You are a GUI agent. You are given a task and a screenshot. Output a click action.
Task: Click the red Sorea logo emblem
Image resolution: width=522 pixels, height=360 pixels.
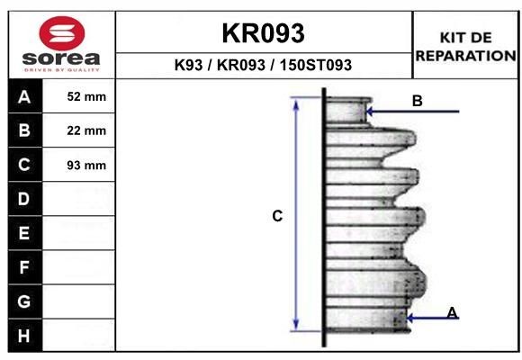(x=60, y=33)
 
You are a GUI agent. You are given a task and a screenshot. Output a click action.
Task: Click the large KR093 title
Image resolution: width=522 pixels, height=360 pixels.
(x=263, y=33)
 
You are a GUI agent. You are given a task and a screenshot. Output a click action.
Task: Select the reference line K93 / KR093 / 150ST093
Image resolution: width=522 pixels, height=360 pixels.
(x=263, y=66)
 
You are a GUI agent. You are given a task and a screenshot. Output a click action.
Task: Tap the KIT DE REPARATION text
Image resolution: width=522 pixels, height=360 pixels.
(x=464, y=46)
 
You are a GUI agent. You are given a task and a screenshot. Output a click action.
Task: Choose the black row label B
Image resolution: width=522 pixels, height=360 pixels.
(x=24, y=130)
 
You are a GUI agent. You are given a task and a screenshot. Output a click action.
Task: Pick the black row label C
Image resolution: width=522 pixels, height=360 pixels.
(x=24, y=165)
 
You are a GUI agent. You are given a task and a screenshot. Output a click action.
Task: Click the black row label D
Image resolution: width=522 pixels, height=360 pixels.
(x=24, y=199)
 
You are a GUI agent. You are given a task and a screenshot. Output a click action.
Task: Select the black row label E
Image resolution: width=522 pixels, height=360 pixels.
(x=24, y=233)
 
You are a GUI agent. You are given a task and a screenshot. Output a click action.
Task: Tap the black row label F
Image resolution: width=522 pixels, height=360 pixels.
(x=24, y=267)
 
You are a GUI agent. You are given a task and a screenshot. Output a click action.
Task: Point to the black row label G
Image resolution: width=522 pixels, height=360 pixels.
(x=24, y=301)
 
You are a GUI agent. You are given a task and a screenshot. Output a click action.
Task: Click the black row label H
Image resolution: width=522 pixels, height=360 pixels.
(x=24, y=336)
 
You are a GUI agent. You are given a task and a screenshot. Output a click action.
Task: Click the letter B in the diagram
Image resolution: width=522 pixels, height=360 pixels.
(x=417, y=101)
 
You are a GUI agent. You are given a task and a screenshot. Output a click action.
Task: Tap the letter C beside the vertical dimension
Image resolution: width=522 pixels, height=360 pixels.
(x=278, y=216)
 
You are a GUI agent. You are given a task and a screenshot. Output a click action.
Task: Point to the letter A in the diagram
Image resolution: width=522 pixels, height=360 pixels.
(x=453, y=312)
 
